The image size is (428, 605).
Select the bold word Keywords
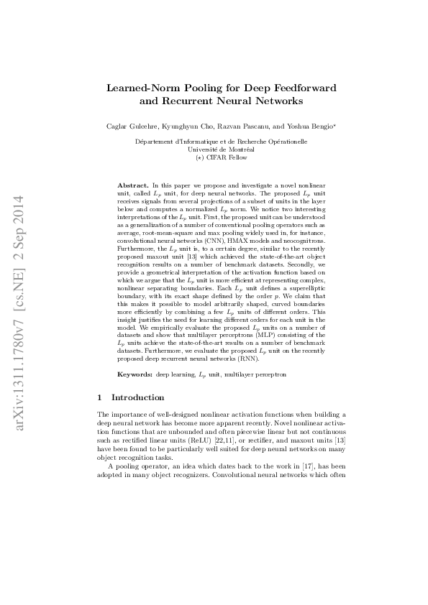pos(135,375)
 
